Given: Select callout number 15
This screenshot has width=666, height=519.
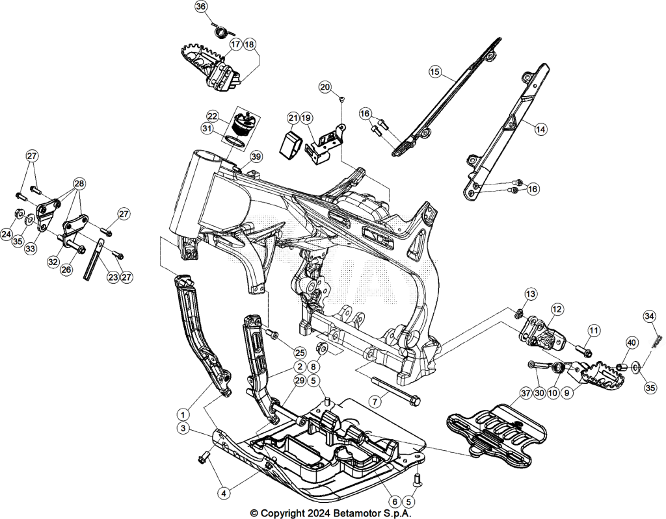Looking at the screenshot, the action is pyautogui.click(x=434, y=71).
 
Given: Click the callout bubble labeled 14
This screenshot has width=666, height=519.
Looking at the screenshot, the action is pyautogui.click(x=540, y=129).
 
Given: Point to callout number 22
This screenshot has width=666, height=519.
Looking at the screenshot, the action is pyautogui.click(x=213, y=116).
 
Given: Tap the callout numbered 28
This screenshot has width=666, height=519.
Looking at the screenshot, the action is pyautogui.click(x=79, y=184).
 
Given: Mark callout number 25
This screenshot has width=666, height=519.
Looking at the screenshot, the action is pyautogui.click(x=300, y=352).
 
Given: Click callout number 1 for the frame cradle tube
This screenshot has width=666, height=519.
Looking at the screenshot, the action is pyautogui.click(x=183, y=414).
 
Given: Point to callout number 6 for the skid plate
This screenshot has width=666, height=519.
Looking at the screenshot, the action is pyautogui.click(x=395, y=501).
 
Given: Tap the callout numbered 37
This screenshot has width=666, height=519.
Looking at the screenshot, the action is pyautogui.click(x=526, y=394).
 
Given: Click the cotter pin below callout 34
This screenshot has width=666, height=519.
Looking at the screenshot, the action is pyautogui.click(x=656, y=331).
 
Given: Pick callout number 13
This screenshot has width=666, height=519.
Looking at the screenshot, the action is pyautogui.click(x=531, y=294).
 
